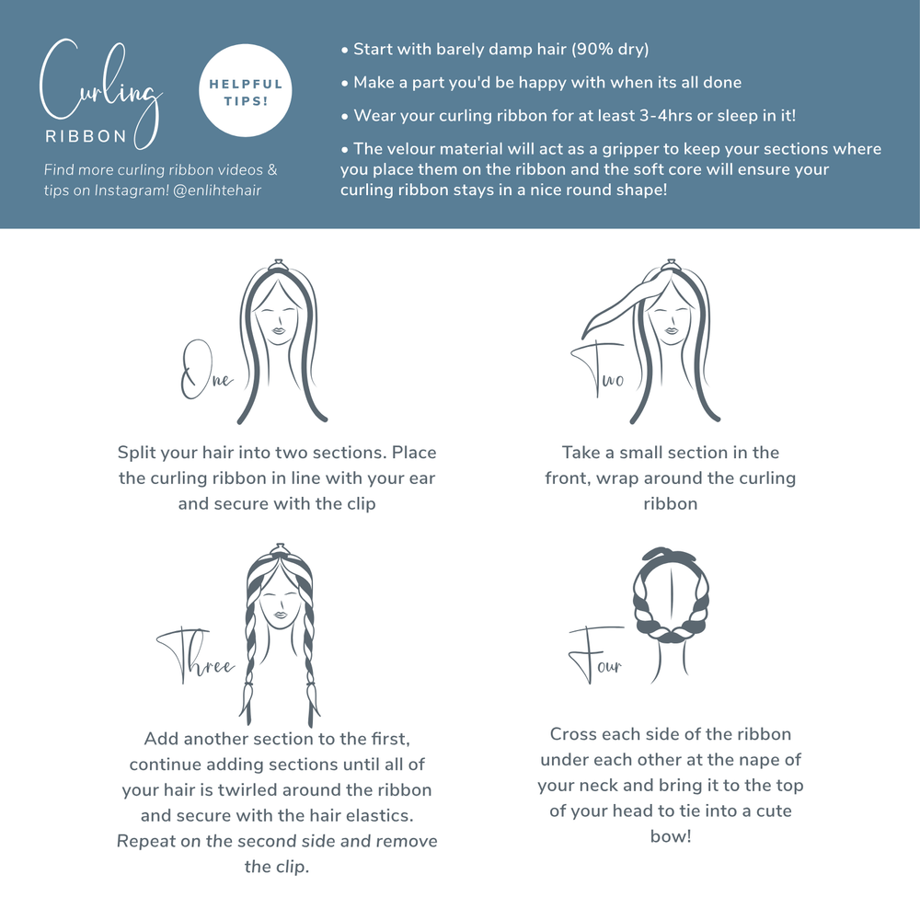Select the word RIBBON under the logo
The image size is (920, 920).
pos(86,136)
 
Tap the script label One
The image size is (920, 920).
pos(205,371)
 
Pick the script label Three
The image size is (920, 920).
pos(198,659)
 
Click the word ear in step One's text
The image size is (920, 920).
pos(422,478)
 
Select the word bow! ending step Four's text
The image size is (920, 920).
pos(670,837)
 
